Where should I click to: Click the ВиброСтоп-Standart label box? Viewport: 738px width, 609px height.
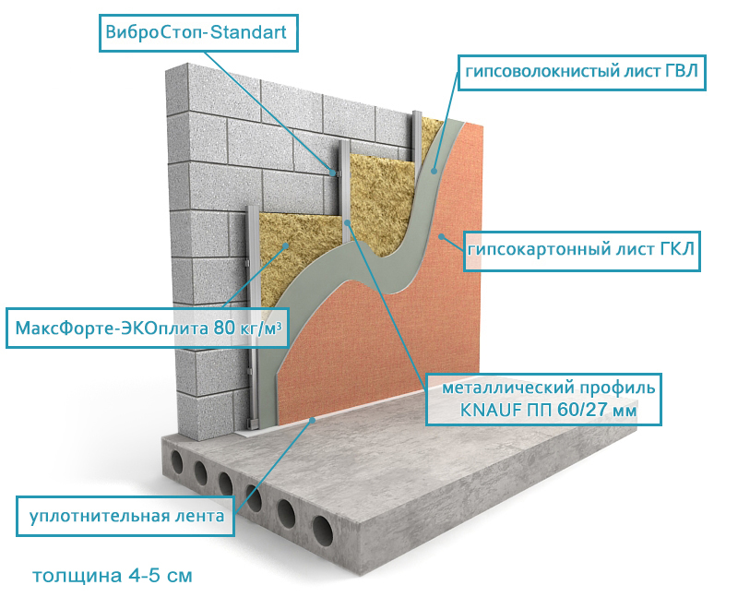coord(198,33)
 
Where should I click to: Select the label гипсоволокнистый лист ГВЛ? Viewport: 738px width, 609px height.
coord(582,72)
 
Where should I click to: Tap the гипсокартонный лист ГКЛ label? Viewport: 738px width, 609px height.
coord(582,251)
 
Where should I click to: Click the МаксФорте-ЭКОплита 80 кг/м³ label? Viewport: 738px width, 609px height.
coord(148,328)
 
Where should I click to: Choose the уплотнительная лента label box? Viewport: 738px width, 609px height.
coord(125,516)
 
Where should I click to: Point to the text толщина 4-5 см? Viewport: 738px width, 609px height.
coord(113,576)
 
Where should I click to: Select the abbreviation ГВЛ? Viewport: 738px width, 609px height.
coord(682,71)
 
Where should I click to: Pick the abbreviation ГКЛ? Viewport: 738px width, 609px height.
coord(677,249)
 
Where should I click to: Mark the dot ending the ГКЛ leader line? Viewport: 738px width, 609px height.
coord(441,236)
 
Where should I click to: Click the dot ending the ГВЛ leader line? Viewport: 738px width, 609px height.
coord(434,172)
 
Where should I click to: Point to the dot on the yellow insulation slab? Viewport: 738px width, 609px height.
coord(285,245)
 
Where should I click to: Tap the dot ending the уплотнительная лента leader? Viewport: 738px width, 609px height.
coord(312,419)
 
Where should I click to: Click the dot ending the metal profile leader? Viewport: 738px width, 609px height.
coord(348,222)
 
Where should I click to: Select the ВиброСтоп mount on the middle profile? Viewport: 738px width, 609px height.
coord(334,173)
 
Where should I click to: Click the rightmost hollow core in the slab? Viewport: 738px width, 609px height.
coord(322,531)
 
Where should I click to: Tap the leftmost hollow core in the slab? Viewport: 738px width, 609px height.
coord(177,461)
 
